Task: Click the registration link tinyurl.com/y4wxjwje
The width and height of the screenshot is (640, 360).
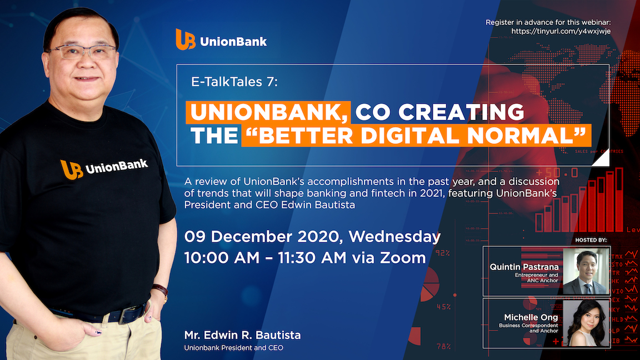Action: tap(561, 32)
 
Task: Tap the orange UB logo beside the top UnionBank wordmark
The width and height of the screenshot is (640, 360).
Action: tap(186, 39)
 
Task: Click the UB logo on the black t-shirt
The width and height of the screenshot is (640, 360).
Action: tap(72, 170)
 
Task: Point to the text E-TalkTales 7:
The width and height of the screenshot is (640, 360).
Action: tap(234, 82)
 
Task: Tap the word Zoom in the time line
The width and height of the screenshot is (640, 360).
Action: tap(403, 258)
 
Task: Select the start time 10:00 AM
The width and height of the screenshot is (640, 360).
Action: tap(222, 258)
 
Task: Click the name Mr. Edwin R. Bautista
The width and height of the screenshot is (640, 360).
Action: tap(242, 335)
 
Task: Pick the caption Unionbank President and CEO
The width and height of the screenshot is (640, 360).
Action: tap(233, 348)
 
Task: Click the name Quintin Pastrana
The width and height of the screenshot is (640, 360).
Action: tap(524, 267)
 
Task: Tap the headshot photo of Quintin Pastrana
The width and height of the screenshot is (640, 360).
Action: tap(586, 271)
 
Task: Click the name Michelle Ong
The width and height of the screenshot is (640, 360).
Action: tap(531, 317)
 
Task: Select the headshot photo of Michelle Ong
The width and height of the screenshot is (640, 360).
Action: tap(586, 323)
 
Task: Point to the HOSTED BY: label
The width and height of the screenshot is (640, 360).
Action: tap(591, 240)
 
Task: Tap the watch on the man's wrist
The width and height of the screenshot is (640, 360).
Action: tap(161, 291)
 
